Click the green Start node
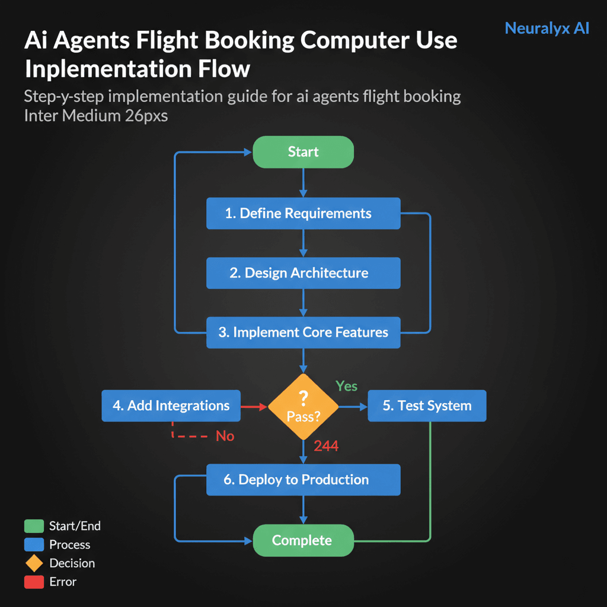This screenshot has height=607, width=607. coord(303,152)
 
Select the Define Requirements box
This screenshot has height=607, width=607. coord(303,213)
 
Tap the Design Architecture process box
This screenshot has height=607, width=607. coord(303,273)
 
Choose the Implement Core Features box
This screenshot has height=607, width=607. coord(303,333)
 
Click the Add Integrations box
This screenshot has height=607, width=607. coord(171,406)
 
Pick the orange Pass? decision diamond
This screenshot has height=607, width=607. coord(303,407)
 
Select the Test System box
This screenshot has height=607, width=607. coord(427,406)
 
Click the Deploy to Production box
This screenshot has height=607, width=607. coord(303,480)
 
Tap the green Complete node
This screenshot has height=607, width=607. coord(303,540)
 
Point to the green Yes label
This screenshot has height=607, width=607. coord(347,386)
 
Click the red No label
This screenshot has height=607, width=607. coord(225,436)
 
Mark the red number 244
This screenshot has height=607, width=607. coord(326,446)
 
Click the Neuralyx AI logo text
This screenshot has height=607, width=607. coord(547,28)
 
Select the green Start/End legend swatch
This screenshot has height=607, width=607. coord(34,526)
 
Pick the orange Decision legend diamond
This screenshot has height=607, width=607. coord(34,563)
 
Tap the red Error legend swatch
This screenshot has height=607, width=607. coord(34,582)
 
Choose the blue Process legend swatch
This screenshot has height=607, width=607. coord(34,544)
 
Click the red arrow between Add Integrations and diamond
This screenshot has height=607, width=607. coord(254,407)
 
